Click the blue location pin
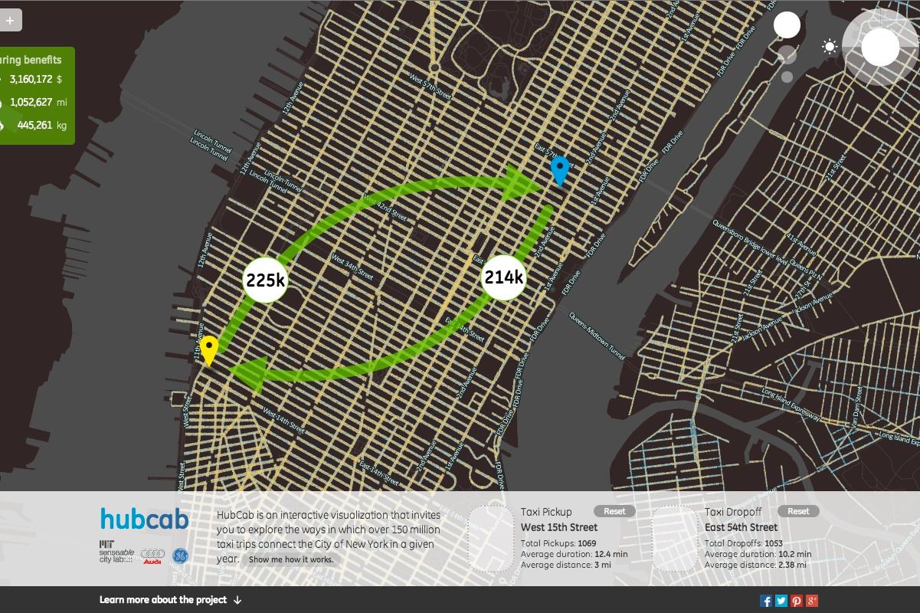click(x=560, y=169)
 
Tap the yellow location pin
click(x=209, y=349)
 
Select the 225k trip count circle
click(x=265, y=280)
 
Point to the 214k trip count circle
click(x=503, y=277)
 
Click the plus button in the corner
click(x=10, y=21)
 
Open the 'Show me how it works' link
click(x=291, y=559)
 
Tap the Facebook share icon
click(x=765, y=601)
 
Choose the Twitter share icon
click(x=781, y=601)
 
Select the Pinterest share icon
click(x=797, y=601)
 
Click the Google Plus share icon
click(x=812, y=601)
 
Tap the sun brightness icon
click(x=830, y=48)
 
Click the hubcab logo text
click(x=144, y=519)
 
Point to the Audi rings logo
click(x=152, y=555)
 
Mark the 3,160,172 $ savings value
click(x=36, y=79)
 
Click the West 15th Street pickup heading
click(x=559, y=527)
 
